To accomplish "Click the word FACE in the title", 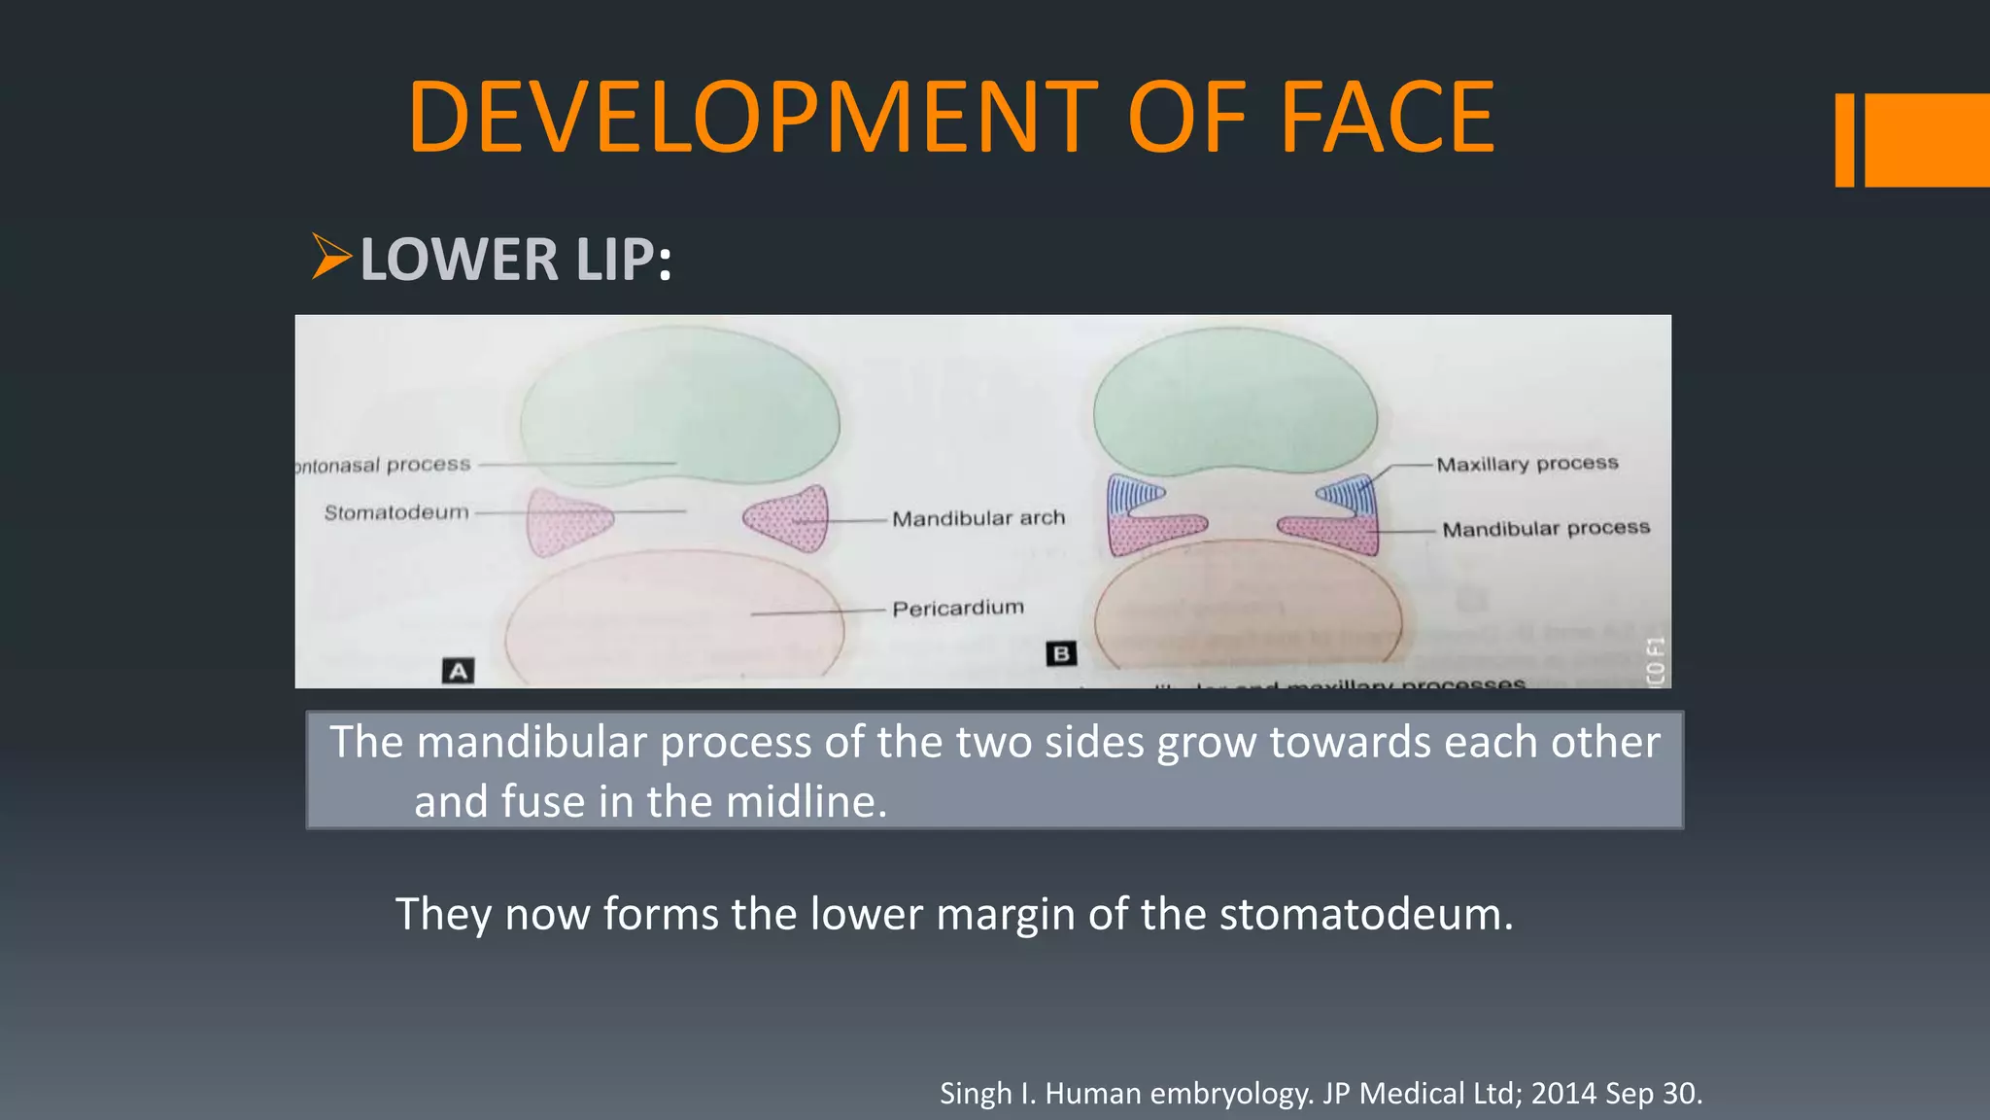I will pyautogui.click(x=1388, y=118).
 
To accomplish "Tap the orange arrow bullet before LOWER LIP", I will pyautogui.click(x=330, y=257).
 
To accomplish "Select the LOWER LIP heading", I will pyautogui.click(x=515, y=260).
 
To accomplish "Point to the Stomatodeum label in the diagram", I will pyautogui.click(x=396, y=512).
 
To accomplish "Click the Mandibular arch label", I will pyautogui.click(x=978, y=518).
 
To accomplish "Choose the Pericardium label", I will pyautogui.click(x=958, y=608).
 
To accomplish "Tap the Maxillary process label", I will pyautogui.click(x=1527, y=464).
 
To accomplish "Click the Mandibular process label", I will pyautogui.click(x=1546, y=528).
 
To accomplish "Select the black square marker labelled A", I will pyautogui.click(x=458, y=671).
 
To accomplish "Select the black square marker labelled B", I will pyautogui.click(x=1061, y=653).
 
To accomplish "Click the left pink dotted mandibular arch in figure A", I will pyautogui.click(x=566, y=520).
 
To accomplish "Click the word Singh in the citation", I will pyautogui.click(x=977, y=1094).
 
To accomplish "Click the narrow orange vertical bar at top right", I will pyautogui.click(x=1844, y=140).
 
